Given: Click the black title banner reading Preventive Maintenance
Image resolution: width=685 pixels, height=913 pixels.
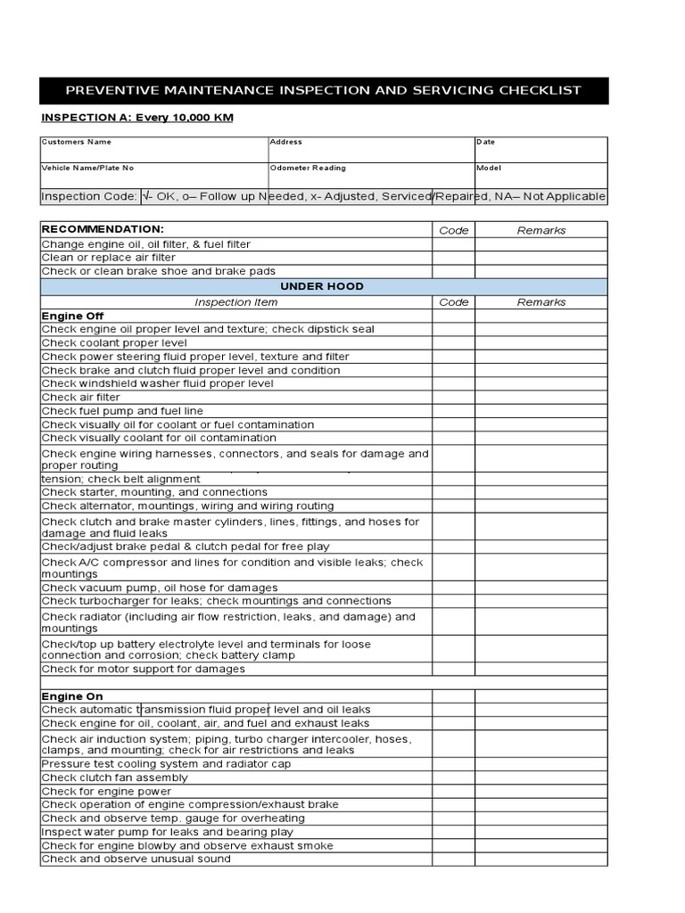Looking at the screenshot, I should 324,90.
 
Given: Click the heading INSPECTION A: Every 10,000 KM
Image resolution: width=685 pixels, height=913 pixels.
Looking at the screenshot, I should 137,118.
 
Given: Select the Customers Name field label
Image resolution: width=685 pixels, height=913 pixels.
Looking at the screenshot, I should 77,142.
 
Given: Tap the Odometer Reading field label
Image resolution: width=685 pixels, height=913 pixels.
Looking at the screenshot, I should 308,168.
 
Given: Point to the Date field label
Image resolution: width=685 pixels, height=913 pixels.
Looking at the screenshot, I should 486,142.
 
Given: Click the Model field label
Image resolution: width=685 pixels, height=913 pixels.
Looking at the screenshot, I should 490,168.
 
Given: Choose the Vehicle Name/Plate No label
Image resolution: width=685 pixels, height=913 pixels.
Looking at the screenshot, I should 88,168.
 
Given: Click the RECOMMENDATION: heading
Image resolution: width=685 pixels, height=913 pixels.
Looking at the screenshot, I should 103,229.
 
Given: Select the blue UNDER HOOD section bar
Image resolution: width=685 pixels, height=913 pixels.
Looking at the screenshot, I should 322,286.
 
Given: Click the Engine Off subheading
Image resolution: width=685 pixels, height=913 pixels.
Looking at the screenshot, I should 73,316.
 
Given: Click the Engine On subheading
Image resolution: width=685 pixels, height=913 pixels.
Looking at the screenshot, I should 72,695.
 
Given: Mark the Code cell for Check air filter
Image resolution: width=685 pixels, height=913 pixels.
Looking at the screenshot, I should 453,398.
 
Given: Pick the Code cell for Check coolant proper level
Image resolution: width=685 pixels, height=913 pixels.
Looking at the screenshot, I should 453,343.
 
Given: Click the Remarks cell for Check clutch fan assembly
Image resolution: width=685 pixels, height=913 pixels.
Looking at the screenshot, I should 541,777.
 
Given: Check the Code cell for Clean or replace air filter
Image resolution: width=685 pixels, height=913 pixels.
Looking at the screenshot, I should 453,258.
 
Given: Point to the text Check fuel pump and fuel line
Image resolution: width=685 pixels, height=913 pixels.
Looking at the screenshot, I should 122,411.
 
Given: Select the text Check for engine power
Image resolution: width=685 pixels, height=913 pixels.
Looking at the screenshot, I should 106,791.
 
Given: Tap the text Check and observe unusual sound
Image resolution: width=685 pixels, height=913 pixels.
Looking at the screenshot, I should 136,859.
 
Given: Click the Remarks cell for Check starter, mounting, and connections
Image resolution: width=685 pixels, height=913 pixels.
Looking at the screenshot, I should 541,492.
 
